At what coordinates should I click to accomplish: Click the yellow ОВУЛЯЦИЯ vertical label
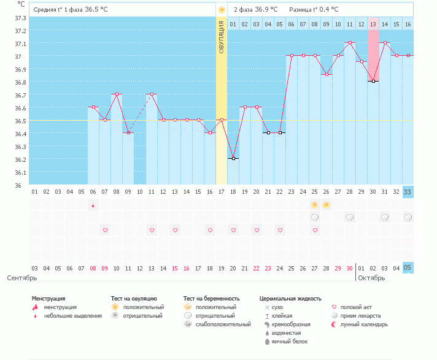pyautogui.click(x=222, y=37)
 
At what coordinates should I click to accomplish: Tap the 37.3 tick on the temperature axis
pyautogui.click(x=20, y=18)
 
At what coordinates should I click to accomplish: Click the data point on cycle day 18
pyautogui.click(x=233, y=158)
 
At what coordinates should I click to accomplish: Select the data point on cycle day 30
pyautogui.click(x=373, y=81)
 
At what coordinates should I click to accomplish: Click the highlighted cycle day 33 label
pyautogui.click(x=408, y=192)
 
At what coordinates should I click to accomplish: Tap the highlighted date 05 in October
pyautogui.click(x=408, y=268)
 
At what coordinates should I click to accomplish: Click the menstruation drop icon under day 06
pyautogui.click(x=93, y=205)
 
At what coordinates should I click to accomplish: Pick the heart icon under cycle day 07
pyautogui.click(x=105, y=230)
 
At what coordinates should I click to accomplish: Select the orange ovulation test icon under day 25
pyautogui.click(x=315, y=205)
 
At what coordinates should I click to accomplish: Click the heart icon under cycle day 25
pyautogui.click(x=315, y=230)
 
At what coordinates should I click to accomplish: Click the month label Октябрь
pyautogui.click(x=372, y=278)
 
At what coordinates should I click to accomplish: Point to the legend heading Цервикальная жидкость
pyautogui.click(x=290, y=299)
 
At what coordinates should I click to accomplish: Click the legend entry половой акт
pyautogui.click(x=356, y=307)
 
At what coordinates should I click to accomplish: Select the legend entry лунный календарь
pyautogui.click(x=362, y=324)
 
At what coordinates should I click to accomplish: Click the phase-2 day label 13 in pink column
pyautogui.click(x=373, y=24)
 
